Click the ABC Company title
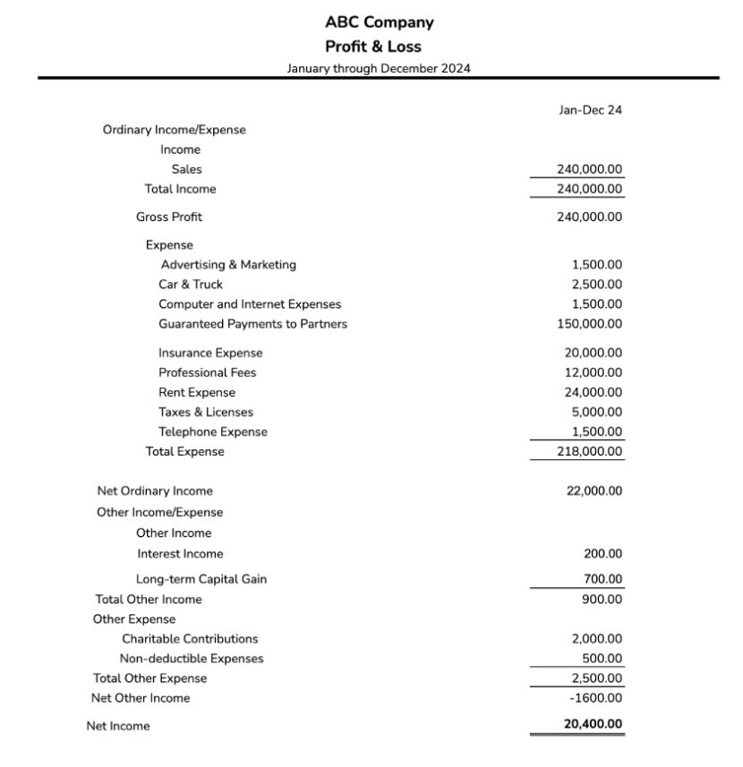(x=379, y=22)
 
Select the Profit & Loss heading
(x=372, y=47)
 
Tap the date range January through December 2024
(x=379, y=68)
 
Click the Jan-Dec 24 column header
(x=590, y=110)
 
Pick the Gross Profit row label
(x=169, y=217)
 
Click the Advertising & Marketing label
(x=228, y=265)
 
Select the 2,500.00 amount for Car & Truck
(x=597, y=285)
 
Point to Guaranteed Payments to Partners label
(x=252, y=324)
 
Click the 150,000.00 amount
(x=590, y=324)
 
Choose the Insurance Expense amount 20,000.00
(x=594, y=353)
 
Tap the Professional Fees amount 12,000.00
(x=594, y=372)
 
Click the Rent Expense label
(x=197, y=392)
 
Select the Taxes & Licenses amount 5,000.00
(x=597, y=412)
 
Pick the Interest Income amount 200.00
(x=603, y=554)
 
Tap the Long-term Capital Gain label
(x=201, y=579)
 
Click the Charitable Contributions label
(x=190, y=639)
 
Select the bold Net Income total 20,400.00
(x=594, y=725)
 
